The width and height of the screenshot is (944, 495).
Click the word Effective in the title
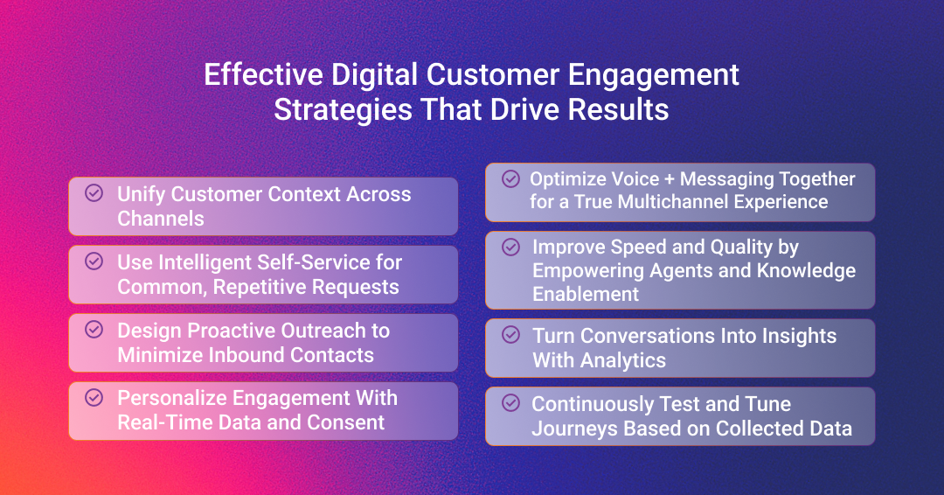[x=264, y=75]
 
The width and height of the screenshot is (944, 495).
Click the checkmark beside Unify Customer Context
[x=94, y=192]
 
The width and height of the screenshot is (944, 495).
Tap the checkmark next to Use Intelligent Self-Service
[x=94, y=261]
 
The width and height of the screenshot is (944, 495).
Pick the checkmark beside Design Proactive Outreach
[x=94, y=330]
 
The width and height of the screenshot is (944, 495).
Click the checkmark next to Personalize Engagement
[x=94, y=397]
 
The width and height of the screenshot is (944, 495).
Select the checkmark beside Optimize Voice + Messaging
[x=511, y=179]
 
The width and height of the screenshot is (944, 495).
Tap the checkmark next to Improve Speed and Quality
[x=511, y=247]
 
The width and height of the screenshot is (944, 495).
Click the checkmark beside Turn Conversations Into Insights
[x=511, y=335]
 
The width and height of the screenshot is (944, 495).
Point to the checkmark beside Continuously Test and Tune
[x=511, y=403]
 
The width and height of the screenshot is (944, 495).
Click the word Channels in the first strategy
[x=161, y=219]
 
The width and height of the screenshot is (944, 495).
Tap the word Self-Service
[x=316, y=262]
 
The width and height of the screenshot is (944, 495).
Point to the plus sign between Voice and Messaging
[x=670, y=179]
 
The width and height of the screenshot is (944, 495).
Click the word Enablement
[x=586, y=294]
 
